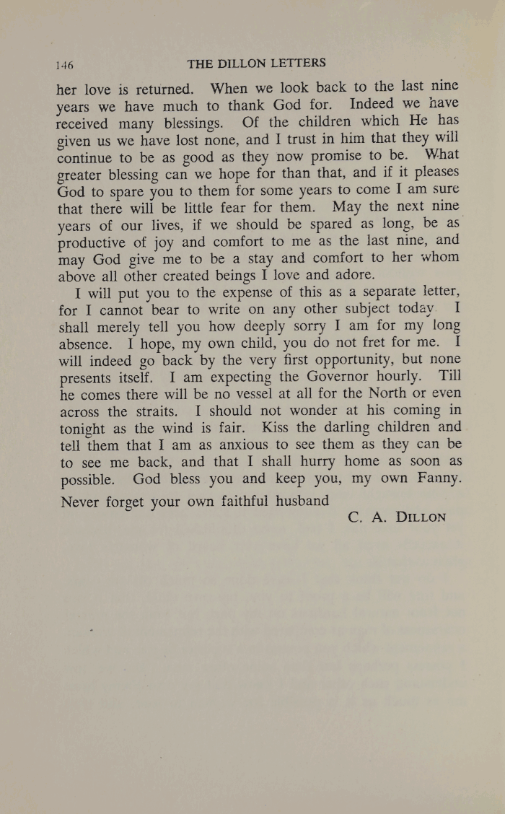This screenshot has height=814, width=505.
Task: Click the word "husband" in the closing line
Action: tap(302, 500)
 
